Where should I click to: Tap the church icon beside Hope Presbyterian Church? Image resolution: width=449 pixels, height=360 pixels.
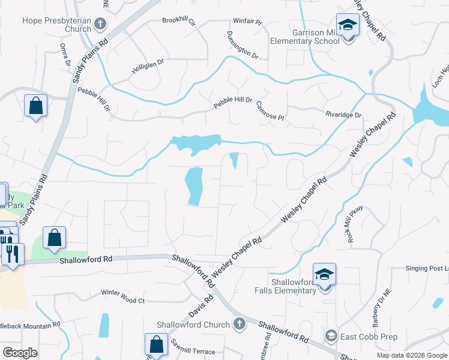pos(100,25)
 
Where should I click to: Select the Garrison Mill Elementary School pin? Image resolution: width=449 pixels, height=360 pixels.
pos(346,26)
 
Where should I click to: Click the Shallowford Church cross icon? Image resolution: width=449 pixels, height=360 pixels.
pos(240,325)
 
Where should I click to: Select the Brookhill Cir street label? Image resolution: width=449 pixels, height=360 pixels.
pos(179,20)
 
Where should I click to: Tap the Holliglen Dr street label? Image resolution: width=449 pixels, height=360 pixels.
pos(148,70)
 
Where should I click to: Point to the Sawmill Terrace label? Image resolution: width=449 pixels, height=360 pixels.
pos(192,351)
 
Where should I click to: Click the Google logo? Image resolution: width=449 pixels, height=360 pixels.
pos(20,353)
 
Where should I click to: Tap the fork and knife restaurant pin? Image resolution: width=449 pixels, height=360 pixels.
pos(13,254)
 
